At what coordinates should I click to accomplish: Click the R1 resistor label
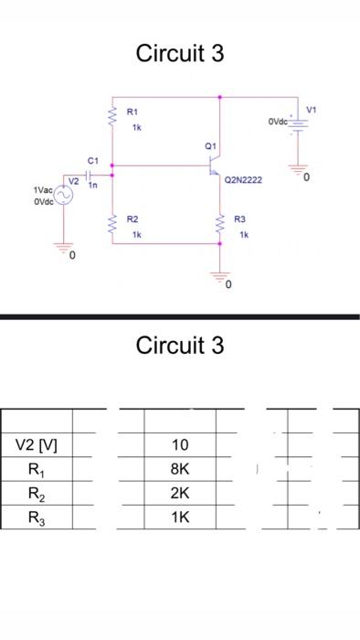[x=132, y=112]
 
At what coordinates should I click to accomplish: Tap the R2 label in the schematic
[x=132, y=219]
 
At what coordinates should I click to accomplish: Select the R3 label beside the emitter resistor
[x=240, y=219]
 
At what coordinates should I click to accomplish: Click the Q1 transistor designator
[x=211, y=145]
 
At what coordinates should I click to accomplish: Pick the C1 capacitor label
[x=92, y=161]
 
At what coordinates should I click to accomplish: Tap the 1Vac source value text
[x=43, y=190]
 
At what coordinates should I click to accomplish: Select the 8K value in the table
[x=180, y=469]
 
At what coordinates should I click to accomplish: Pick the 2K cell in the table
[x=180, y=493]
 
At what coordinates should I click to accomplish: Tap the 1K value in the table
[x=180, y=517]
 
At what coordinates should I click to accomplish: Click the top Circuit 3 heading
[x=179, y=53]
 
